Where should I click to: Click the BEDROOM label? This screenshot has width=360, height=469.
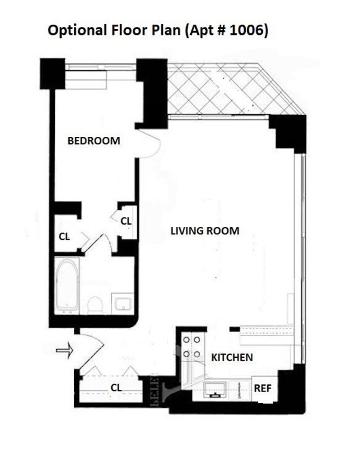(94, 140)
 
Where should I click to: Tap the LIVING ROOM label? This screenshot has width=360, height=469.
(205, 231)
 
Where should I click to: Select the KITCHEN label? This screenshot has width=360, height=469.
(232, 357)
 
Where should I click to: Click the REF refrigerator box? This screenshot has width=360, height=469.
(263, 388)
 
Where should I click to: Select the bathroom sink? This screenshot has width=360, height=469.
(122, 303)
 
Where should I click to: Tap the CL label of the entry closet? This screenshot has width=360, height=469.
(116, 387)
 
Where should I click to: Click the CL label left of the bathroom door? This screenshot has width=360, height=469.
(64, 237)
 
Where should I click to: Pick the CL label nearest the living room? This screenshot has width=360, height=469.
(126, 221)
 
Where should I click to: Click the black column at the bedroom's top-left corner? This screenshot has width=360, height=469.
(52, 74)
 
